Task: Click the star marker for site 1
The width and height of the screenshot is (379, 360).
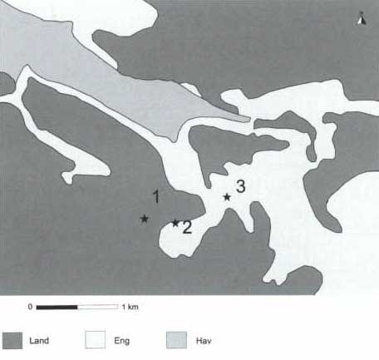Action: click(145, 219)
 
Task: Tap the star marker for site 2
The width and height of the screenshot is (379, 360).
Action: click(175, 223)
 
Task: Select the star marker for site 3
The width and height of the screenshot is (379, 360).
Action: click(227, 197)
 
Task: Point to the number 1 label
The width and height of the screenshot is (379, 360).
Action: click(156, 196)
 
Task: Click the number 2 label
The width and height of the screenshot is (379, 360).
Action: click(187, 227)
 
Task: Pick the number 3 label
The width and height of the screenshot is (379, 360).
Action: click(240, 186)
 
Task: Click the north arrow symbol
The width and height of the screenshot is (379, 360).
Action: click(361, 18)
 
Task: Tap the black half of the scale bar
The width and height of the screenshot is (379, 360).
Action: click(57, 307)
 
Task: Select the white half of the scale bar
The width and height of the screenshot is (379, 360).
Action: click(98, 307)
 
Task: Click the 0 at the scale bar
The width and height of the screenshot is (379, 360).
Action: click(30, 307)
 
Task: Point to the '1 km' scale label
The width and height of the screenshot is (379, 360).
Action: click(130, 307)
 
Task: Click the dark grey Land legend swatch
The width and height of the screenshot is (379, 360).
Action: click(12, 341)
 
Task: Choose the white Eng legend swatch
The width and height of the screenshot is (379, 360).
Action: click(95, 339)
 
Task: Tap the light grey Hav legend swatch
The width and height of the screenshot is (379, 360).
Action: click(176, 340)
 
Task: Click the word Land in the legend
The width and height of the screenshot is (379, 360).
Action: click(39, 341)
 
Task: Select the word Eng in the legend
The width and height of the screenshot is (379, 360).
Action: click(121, 341)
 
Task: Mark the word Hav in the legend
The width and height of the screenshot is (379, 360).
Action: click(204, 341)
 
